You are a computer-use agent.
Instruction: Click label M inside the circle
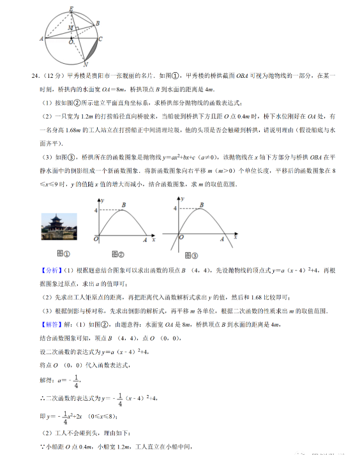pos(70,29)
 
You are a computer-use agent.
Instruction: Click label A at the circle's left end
pos(41,39)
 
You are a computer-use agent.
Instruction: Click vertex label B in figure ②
pos(124,204)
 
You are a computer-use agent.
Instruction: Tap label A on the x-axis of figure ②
pos(145,241)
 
